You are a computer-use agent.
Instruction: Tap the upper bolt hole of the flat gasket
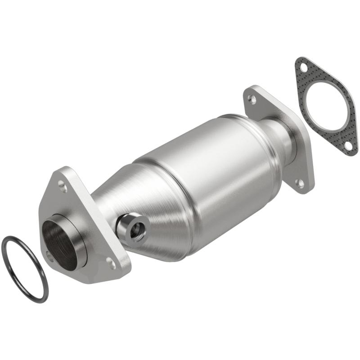tap(303, 67)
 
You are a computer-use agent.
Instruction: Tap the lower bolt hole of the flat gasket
tap(348, 145)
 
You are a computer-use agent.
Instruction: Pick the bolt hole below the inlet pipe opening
tap(49, 256)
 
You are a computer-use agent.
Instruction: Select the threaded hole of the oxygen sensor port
tap(135, 230)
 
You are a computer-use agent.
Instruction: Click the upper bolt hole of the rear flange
tap(252, 99)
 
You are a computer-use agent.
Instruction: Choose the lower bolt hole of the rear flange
tap(299, 183)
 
